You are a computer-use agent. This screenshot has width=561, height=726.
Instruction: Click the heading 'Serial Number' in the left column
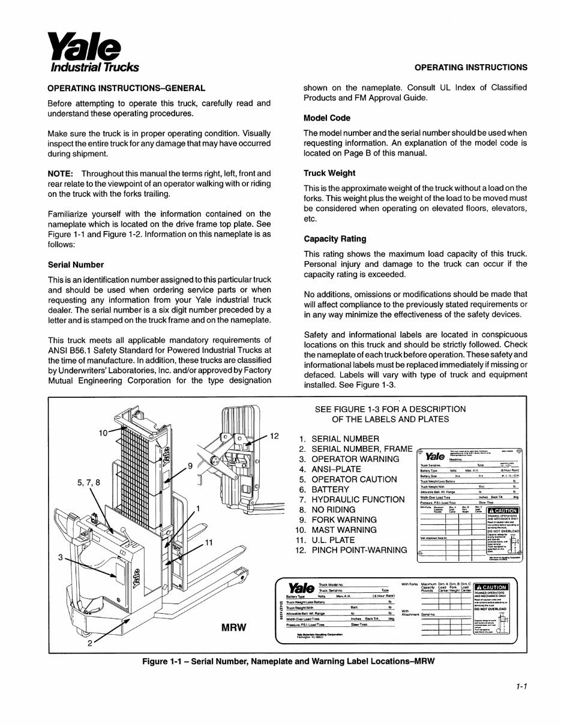click(76, 264)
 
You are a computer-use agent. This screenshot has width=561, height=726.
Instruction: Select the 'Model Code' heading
click(326, 118)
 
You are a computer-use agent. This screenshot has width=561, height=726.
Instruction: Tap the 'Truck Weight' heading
click(329, 173)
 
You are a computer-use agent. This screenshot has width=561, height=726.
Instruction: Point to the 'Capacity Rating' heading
click(335, 238)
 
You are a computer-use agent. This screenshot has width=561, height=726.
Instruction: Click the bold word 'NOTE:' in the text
click(61, 173)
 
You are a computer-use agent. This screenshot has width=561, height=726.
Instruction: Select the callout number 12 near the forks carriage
click(275, 436)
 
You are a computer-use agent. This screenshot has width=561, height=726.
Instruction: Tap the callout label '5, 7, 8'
click(89, 482)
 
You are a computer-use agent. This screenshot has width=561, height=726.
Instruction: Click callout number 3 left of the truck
click(61, 557)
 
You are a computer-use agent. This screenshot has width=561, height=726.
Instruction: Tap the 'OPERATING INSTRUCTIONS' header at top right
click(471, 67)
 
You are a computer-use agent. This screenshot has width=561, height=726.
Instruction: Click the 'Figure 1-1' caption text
click(287, 661)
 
